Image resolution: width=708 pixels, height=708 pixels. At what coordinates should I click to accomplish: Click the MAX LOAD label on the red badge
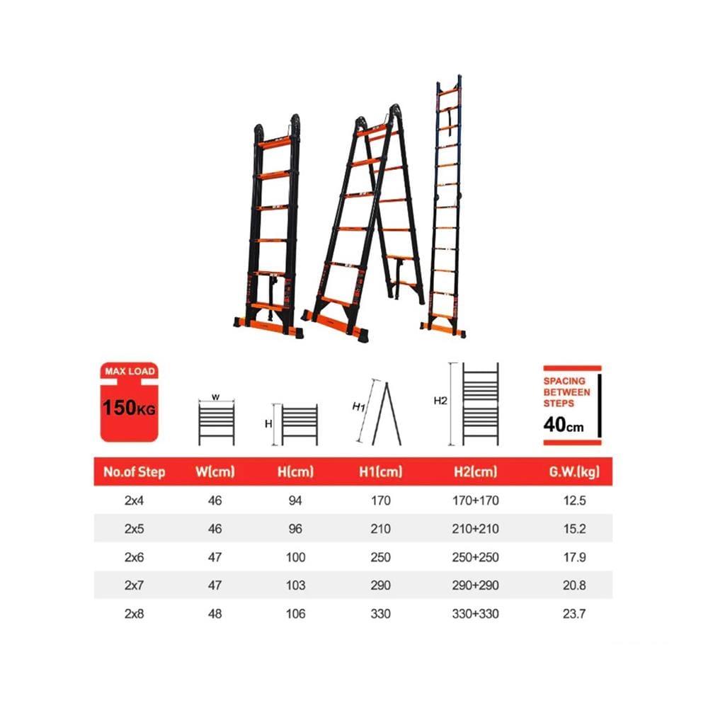(130, 371)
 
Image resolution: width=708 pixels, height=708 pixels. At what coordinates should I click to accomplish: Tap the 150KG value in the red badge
(129, 408)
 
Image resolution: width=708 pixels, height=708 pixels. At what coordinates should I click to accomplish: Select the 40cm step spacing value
(563, 424)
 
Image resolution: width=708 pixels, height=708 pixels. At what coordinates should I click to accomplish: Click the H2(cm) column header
(476, 472)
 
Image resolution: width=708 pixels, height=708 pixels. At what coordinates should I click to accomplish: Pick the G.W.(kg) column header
(574, 472)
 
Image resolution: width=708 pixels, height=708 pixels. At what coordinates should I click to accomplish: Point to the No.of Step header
(134, 472)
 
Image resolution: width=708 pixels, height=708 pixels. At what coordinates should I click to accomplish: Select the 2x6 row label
(134, 557)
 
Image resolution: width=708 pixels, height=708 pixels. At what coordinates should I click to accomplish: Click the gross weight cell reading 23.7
(574, 614)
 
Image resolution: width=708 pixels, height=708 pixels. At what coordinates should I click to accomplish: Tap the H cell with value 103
(295, 586)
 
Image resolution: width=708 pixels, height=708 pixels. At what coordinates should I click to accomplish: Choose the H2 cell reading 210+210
(476, 529)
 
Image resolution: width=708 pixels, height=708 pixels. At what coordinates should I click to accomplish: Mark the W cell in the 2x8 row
(215, 614)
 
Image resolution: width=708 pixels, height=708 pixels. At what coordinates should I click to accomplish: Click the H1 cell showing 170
(380, 501)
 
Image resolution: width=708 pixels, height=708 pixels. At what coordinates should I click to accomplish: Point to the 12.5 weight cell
(574, 501)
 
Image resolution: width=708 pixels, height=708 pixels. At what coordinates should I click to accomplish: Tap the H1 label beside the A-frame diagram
(358, 407)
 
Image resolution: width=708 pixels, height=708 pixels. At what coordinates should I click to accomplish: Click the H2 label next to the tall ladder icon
(440, 401)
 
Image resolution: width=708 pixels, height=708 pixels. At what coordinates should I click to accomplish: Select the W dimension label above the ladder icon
(215, 397)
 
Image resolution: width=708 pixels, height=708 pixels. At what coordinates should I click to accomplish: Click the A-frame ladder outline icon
(387, 414)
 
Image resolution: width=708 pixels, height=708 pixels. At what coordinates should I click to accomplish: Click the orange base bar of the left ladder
(268, 328)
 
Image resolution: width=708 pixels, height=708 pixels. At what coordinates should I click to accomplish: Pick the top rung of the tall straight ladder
(448, 91)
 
